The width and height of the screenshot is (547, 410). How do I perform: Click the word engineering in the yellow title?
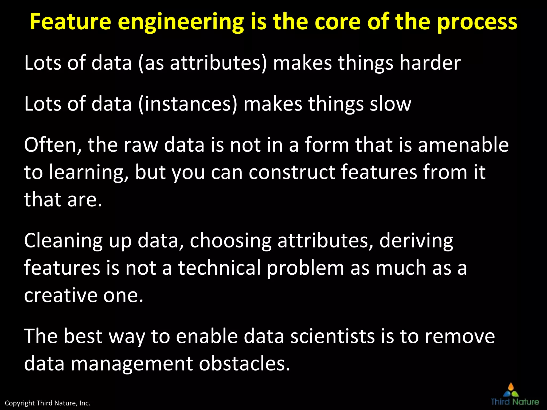tap(181, 22)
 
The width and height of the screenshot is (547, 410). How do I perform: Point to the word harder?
tap(430, 63)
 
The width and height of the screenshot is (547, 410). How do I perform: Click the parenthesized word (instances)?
tap(188, 104)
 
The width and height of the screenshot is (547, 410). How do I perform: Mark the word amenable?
tap(463, 145)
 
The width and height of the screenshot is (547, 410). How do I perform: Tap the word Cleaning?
tap(63, 241)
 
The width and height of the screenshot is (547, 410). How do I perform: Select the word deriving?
tap(416, 241)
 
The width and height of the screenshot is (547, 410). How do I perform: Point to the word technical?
tap(219, 268)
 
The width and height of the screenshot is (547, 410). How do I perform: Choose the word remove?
tap(460, 336)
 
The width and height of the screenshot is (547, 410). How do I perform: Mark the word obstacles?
tap(244, 364)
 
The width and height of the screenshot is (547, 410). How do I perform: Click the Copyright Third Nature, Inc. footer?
tap(48, 403)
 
